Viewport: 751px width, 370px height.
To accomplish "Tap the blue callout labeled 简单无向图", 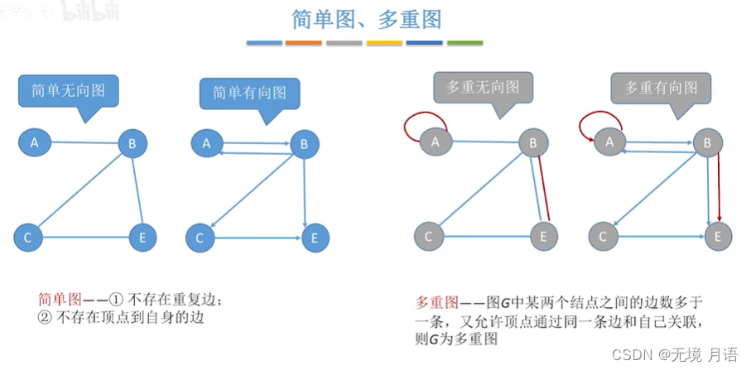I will point(68,90).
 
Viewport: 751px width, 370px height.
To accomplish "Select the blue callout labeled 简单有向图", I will point(249,93).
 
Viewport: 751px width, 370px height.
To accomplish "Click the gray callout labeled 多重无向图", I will point(483,86).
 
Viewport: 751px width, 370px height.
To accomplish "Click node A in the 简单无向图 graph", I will point(35,143).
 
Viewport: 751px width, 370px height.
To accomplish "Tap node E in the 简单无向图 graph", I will point(143,238).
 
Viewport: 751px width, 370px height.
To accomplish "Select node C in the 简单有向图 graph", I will point(199,238).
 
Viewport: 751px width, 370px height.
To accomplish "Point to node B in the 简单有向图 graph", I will point(304,145).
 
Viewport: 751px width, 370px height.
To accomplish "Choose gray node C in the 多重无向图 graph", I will point(428,238).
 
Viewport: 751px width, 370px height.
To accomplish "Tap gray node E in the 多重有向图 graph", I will point(718,238).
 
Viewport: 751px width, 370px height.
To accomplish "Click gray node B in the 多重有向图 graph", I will point(706,144).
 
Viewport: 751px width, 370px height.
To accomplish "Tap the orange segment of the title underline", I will point(303,43).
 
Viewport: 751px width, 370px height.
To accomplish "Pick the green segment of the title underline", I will point(465,43).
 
